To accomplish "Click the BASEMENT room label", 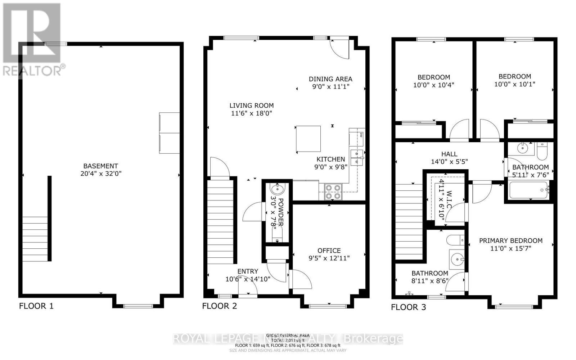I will click(x=100, y=166).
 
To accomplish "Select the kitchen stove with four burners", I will click(x=333, y=192).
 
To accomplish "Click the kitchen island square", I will click(x=308, y=139).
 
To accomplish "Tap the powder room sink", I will click(x=277, y=189).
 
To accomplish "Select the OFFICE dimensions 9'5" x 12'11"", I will click(x=329, y=258).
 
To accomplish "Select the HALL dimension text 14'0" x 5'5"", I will click(x=449, y=162).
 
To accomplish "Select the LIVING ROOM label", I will click(x=252, y=105).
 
